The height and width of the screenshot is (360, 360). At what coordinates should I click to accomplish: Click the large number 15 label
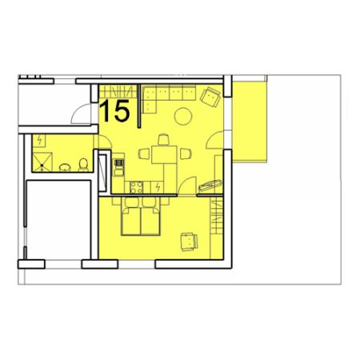114,110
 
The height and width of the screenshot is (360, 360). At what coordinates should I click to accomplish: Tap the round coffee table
183,116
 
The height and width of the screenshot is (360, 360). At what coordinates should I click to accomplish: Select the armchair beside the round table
210,97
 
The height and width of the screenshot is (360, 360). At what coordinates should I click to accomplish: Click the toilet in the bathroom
83,165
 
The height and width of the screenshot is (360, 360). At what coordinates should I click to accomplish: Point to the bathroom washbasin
65,167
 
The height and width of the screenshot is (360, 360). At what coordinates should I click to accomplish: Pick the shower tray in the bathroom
42,162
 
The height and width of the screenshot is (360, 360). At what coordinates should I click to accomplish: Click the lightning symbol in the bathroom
39,140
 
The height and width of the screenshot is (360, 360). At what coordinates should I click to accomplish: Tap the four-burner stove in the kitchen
136,187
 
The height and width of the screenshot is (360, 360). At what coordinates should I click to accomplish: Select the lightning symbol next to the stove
158,187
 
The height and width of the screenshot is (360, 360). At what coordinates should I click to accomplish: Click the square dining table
164,154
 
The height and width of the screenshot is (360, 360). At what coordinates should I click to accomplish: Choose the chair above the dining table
163,140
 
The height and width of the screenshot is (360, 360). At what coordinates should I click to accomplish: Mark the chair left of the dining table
144,154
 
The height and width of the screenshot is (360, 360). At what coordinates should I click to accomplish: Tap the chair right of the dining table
186,154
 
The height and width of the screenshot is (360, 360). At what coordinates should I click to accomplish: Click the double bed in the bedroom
141,216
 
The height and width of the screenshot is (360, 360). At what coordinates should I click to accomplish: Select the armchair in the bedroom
190,242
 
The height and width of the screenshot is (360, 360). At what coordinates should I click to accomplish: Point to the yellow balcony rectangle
250,122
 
